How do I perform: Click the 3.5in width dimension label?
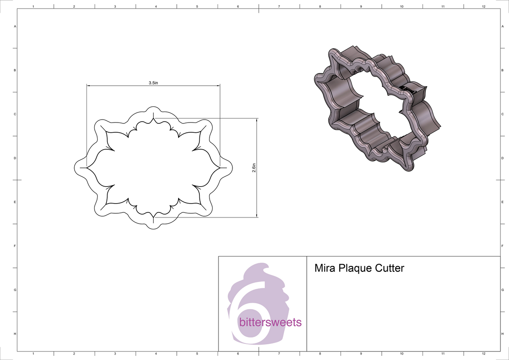(x=153, y=83)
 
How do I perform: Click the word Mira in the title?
(x=323, y=268)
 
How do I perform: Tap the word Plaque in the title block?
(x=353, y=268)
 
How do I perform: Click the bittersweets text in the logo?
(x=270, y=323)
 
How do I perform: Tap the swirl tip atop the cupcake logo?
(x=266, y=266)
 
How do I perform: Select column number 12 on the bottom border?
(x=484, y=353)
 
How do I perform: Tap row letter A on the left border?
(x=15, y=26)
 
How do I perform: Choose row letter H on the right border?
(x=502, y=334)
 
